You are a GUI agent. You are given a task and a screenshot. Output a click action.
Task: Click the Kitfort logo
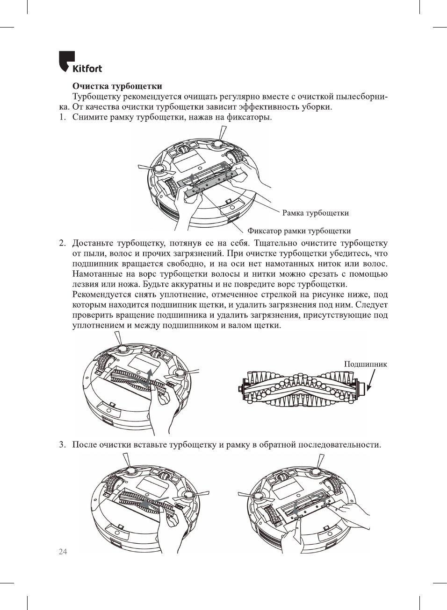coord(80,63)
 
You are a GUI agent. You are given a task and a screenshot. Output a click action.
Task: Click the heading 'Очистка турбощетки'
coord(117,86)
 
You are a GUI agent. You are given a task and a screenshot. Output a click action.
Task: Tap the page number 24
coord(63,552)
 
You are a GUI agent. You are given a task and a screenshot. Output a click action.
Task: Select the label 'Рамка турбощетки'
coord(315,213)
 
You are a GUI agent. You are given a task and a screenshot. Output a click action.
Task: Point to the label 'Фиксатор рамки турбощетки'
coord(299,231)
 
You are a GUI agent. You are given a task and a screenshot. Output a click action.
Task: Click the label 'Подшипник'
coord(365,364)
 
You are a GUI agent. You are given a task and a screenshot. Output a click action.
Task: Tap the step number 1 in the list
coord(62,117)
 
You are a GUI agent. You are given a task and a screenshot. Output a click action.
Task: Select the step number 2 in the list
coord(62,243)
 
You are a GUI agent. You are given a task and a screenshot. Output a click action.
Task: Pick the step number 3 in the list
coord(62,444)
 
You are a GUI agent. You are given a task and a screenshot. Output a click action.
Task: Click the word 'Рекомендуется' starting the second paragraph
coord(100,294)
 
